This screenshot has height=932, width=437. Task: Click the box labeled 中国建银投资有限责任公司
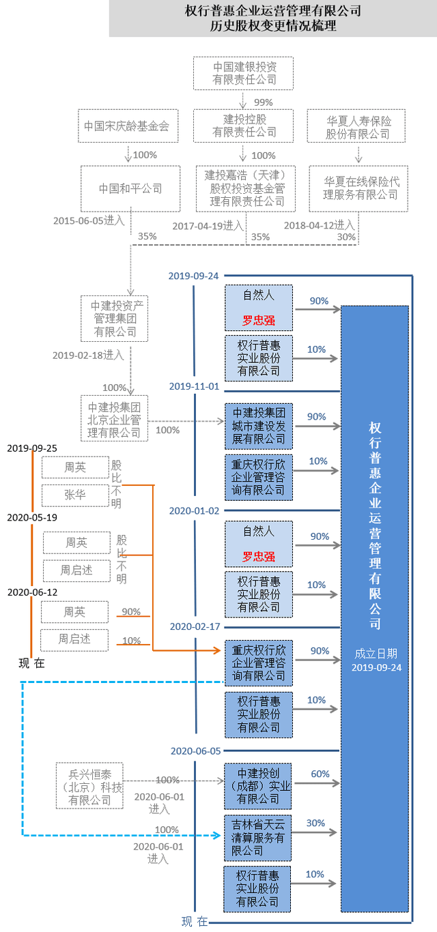[234, 73]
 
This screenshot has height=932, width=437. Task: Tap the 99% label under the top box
[263, 102]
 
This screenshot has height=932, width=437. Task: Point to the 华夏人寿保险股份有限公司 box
[358, 126]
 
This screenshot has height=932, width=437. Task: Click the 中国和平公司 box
[130, 188]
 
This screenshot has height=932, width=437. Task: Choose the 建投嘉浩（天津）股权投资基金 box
[245, 188]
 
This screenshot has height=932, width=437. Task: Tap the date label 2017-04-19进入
[207, 225]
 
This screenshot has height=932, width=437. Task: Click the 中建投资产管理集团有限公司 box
[113, 319]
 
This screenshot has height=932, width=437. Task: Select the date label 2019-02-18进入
[88, 355]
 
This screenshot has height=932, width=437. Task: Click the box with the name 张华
[75, 495]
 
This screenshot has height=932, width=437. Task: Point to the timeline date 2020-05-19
[32, 517]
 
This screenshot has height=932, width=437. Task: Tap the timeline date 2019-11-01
[194, 386]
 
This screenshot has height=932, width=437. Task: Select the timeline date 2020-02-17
[194, 626]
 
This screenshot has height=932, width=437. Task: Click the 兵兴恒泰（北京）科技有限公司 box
[89, 787]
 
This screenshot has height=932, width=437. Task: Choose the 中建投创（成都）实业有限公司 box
[258, 787]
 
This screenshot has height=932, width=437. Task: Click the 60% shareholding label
[320, 774]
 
